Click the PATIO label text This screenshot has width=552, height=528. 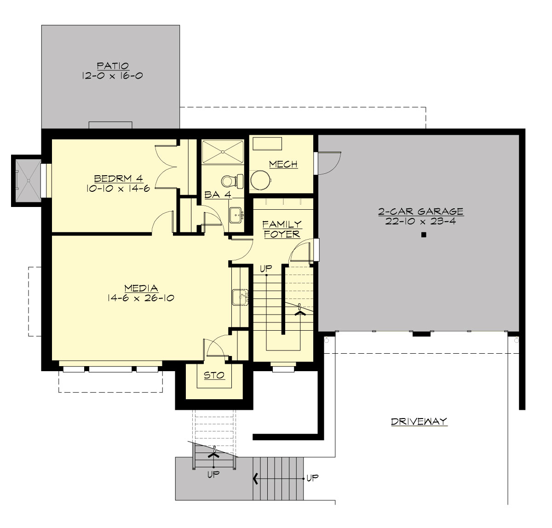pos(112,66)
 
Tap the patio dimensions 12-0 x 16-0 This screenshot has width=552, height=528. pos(112,75)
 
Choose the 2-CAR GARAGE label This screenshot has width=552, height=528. pos(420,212)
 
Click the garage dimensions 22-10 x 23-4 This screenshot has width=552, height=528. pos(420,221)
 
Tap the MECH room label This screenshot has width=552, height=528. pos(283,164)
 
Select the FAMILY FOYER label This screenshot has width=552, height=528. pos(282,229)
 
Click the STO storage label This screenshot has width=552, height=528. pos(214,375)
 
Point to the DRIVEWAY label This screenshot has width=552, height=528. pos(419,421)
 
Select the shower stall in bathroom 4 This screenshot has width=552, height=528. pos(223,151)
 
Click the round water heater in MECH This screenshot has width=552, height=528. pos(261,179)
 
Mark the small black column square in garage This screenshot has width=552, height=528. pos(424,235)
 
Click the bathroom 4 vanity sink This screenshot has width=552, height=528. pos(236,214)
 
